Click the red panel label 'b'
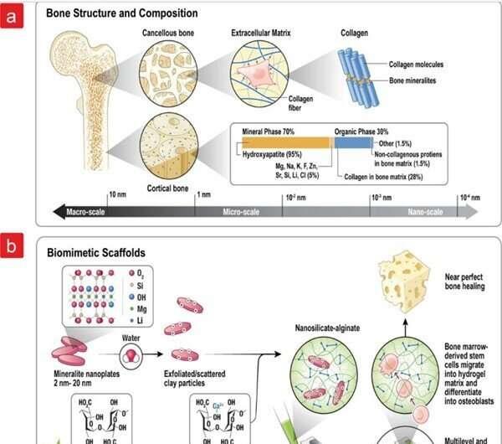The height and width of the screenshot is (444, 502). coord(12,248)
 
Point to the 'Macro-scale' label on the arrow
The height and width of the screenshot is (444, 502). coord(88,211)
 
